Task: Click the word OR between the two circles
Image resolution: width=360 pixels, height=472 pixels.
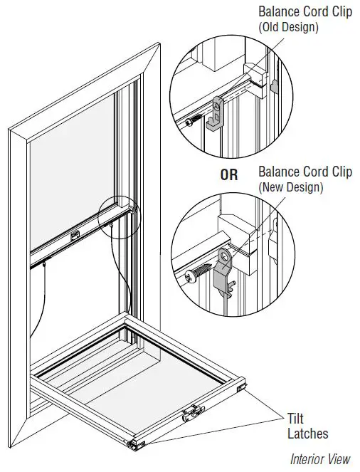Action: tap(228, 174)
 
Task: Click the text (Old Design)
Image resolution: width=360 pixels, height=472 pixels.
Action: tap(288, 28)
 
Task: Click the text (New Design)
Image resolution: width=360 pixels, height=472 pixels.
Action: tap(290, 188)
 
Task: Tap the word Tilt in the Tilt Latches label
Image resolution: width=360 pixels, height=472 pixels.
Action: tap(297, 419)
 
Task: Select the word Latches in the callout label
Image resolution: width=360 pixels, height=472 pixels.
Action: tap(307, 433)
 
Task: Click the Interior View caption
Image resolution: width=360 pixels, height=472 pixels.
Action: tap(320, 459)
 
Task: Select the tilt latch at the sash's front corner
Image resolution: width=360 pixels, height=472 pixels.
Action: tap(134, 444)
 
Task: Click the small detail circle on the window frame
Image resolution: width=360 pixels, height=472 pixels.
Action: tap(120, 211)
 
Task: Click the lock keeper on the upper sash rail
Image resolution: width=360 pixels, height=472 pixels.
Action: tap(74, 236)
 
